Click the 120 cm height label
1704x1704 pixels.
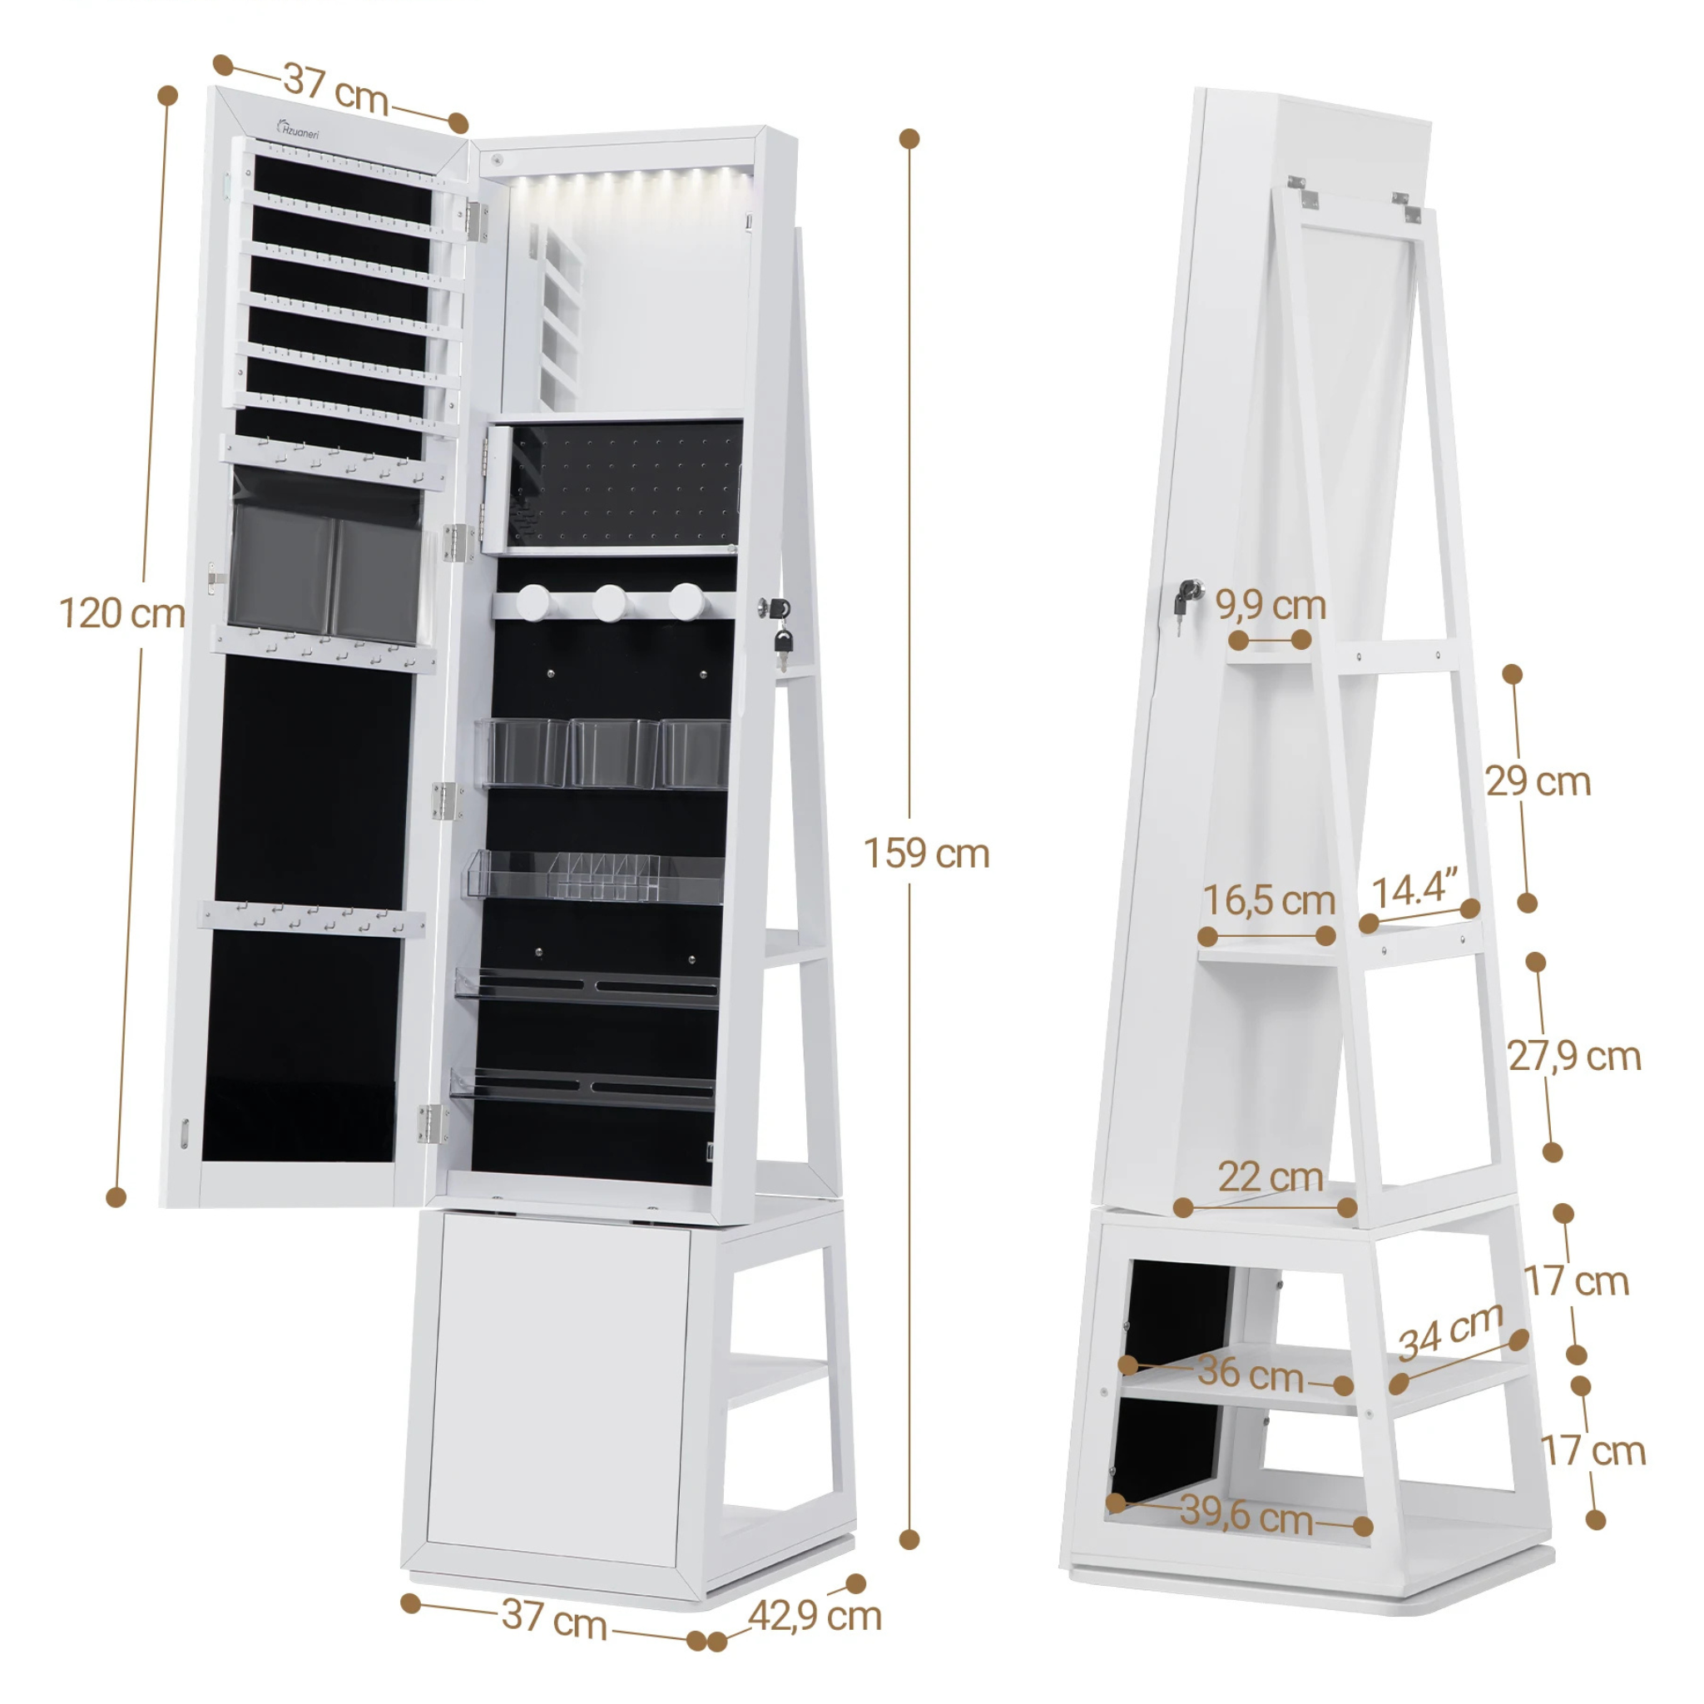pyautogui.click(x=121, y=614)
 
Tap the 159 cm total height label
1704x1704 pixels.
pyautogui.click(x=926, y=854)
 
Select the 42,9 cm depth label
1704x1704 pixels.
pyautogui.click(x=815, y=1616)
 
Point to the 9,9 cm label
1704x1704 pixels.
pyautogui.click(x=1270, y=606)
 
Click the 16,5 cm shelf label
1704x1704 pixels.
pyautogui.click(x=1268, y=900)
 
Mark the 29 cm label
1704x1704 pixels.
pyautogui.click(x=1538, y=782)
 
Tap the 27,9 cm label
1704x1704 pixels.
pyautogui.click(x=1573, y=1057)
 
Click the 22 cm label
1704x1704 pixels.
pyautogui.click(x=1270, y=1177)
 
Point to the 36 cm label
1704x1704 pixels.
pyautogui.click(x=1251, y=1375)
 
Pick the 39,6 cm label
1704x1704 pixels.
pyautogui.click(x=1246, y=1513)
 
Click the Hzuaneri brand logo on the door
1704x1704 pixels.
pyautogui.click(x=299, y=130)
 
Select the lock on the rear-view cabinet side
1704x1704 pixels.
pyautogui.click(x=1186, y=597)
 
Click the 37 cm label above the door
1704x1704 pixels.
pyautogui.click(x=336, y=89)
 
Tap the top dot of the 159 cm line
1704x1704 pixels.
pyautogui.click(x=909, y=138)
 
